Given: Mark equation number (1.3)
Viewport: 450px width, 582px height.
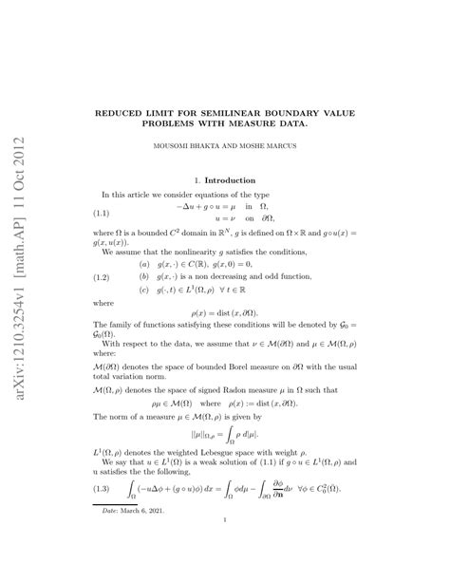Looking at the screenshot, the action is click(x=103, y=490).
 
